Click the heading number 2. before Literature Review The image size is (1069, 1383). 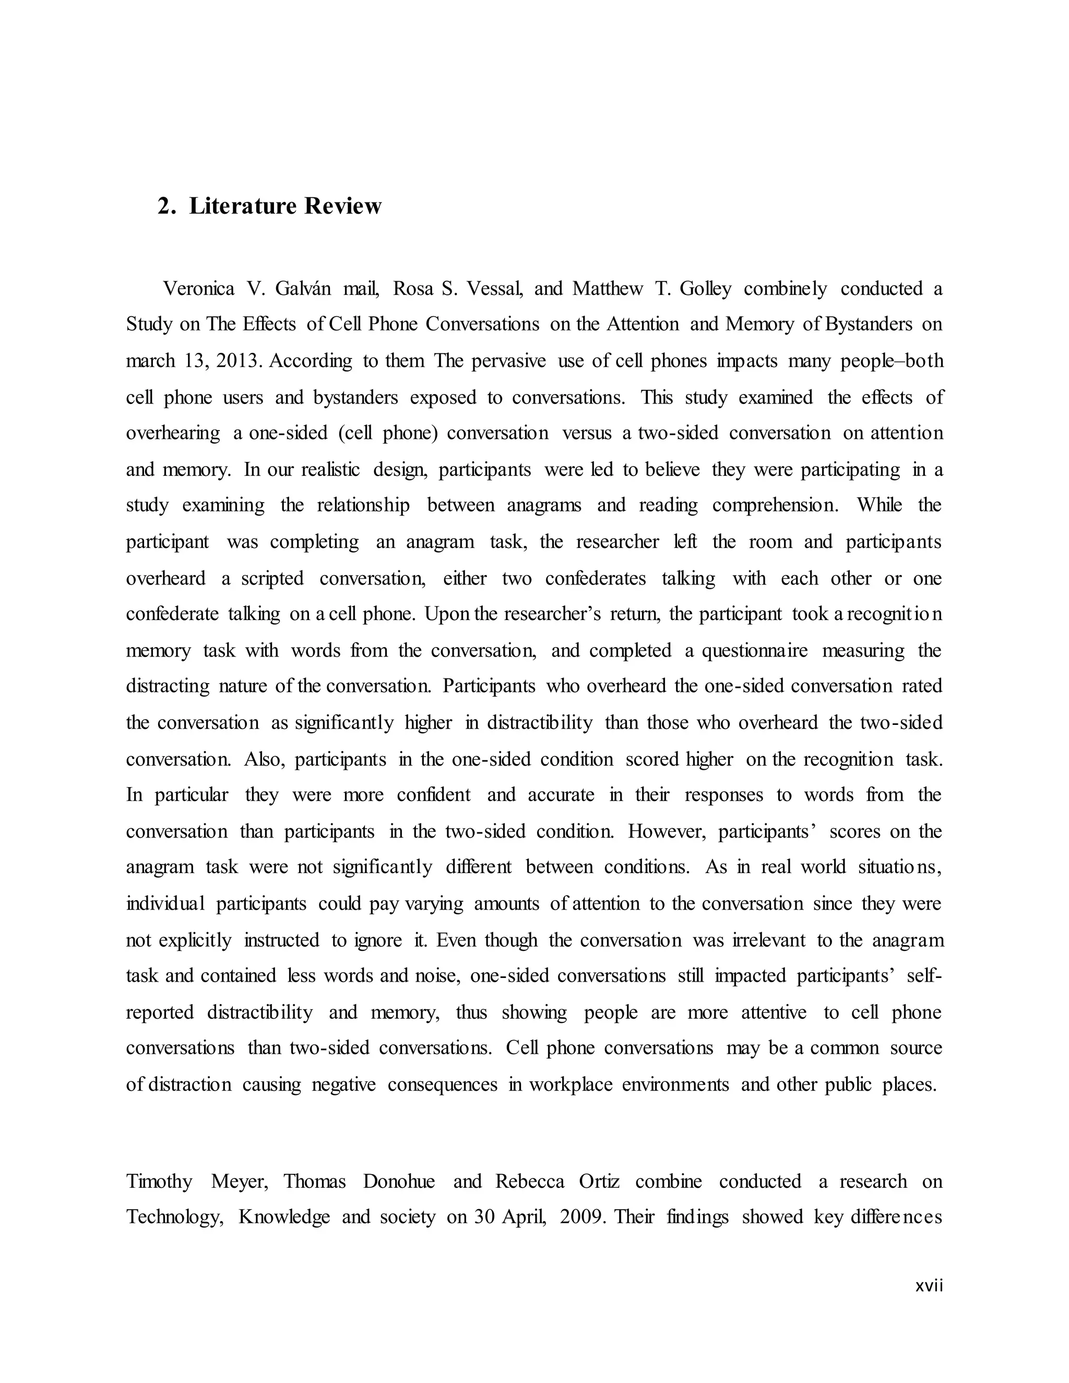pos(167,207)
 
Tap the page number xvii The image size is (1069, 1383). pos(929,1285)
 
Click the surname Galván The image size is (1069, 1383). pos(303,289)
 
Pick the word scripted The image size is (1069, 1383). pos(272,578)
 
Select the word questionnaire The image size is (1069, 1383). pos(755,650)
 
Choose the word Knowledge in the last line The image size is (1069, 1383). pos(284,1217)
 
